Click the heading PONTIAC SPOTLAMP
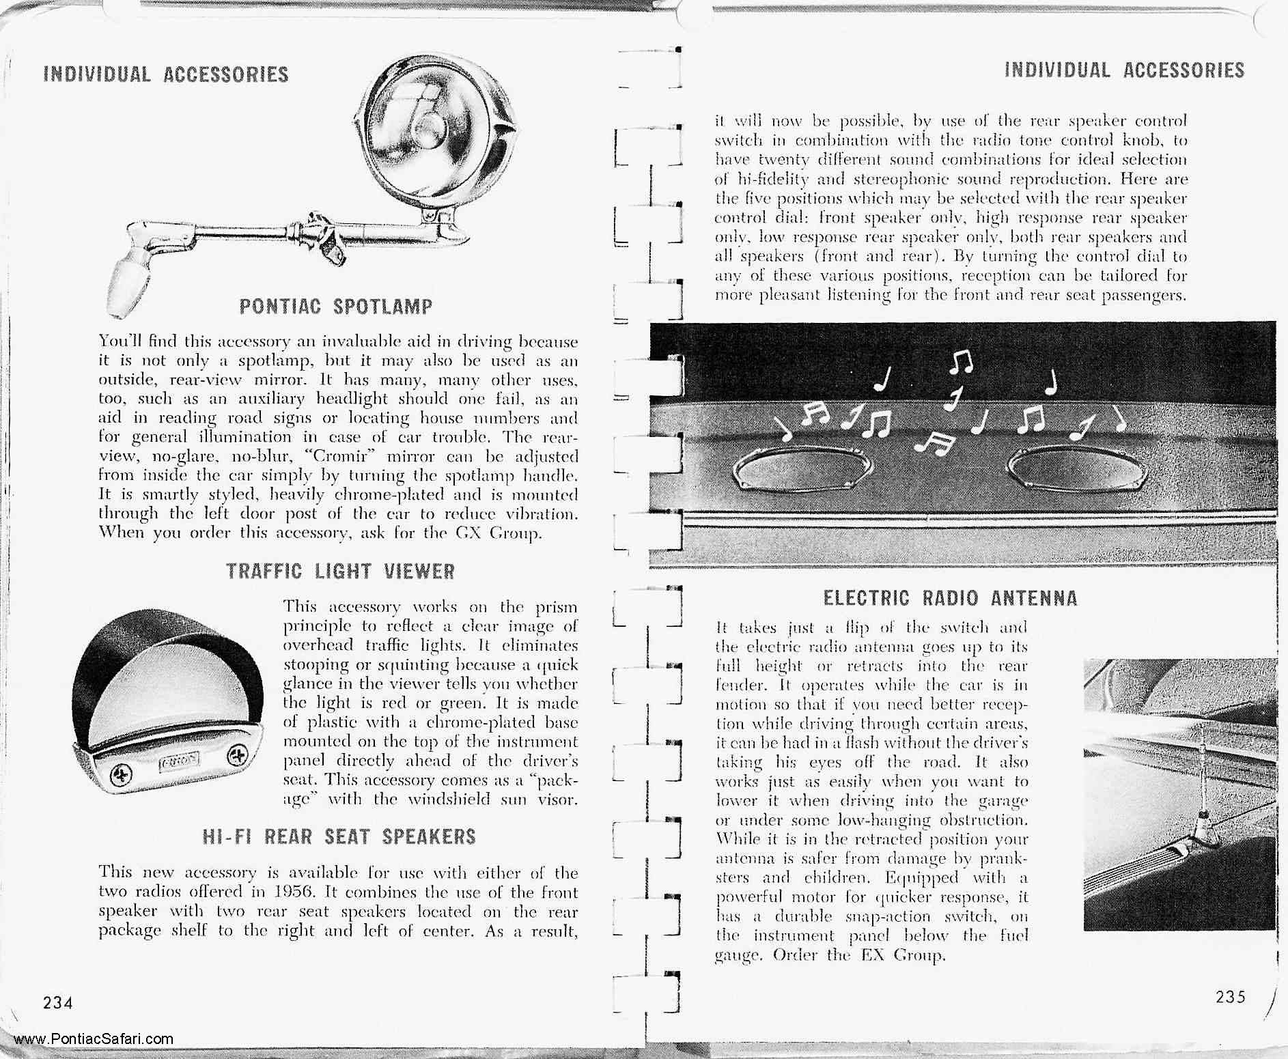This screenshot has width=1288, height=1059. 335,307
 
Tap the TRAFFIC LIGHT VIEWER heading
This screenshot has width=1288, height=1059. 340,571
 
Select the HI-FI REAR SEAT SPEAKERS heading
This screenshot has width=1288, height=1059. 339,836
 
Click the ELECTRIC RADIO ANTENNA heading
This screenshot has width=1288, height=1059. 950,599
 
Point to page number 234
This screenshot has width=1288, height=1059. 58,1002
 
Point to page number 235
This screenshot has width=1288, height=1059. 1231,996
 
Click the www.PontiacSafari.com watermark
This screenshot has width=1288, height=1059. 93,1039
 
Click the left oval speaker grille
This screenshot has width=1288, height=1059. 793,470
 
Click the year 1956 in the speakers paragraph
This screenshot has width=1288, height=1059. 293,892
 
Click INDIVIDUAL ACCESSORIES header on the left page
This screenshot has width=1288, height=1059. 166,74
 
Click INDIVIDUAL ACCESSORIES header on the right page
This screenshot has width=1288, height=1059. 1124,70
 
